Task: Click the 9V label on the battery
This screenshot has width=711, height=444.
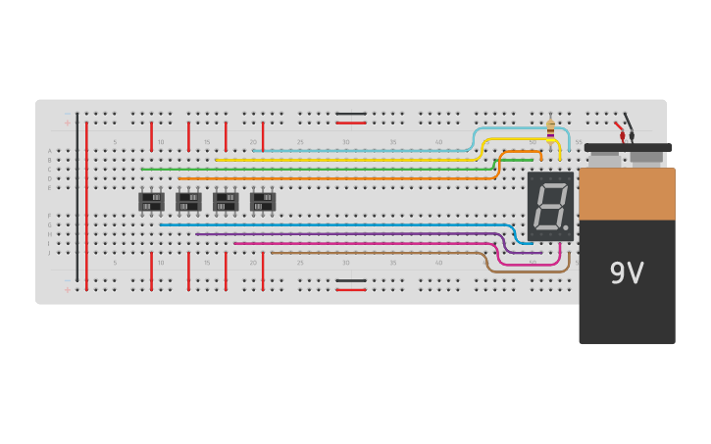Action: [x=627, y=273]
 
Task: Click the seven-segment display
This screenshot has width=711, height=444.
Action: [x=550, y=207]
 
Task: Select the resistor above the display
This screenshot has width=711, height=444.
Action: [x=549, y=128]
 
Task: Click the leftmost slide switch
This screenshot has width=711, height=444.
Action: [x=151, y=202]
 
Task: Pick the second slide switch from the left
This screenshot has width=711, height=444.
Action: [x=188, y=202]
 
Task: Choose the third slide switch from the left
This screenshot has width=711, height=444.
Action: [x=226, y=202]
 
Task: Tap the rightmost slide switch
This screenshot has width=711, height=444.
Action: [x=263, y=202]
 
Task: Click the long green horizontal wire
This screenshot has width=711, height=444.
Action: [x=314, y=170]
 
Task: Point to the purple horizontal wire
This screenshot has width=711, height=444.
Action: [x=343, y=234]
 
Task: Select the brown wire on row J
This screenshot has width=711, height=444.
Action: [x=373, y=253]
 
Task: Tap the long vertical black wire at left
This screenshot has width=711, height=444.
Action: [x=77, y=196]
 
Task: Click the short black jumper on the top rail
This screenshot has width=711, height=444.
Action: [x=351, y=114]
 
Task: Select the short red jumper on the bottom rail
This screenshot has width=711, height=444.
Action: [x=351, y=289]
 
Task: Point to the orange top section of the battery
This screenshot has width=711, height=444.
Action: [x=627, y=194]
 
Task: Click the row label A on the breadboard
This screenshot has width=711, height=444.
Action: [x=50, y=151]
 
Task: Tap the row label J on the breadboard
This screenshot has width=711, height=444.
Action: [x=50, y=253]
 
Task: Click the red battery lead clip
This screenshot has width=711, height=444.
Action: [x=620, y=127]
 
